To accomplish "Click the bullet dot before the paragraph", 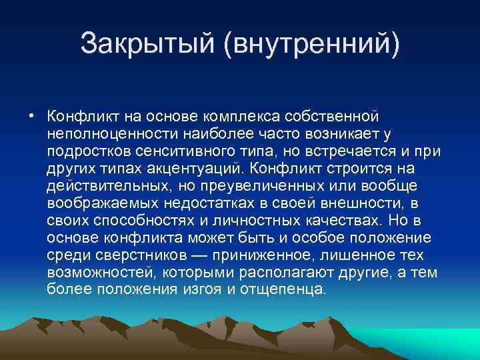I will (x=31, y=113).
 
